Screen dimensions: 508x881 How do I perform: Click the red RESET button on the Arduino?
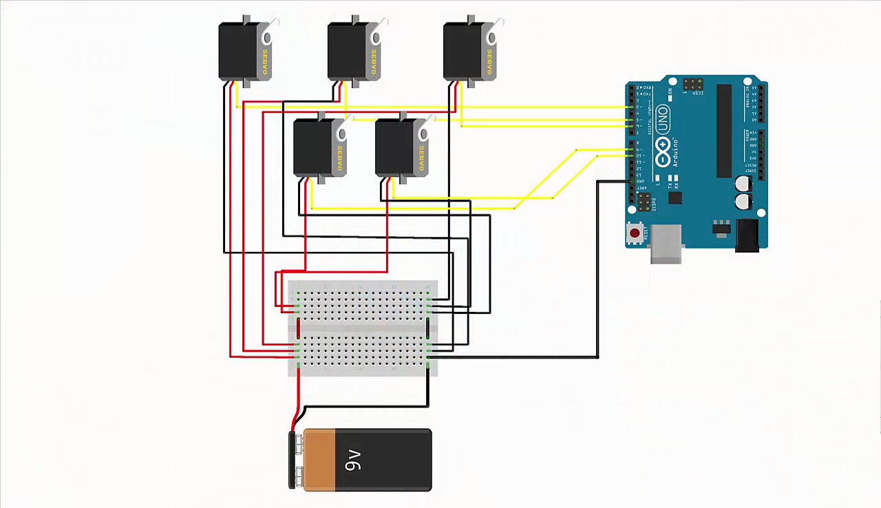click(x=635, y=233)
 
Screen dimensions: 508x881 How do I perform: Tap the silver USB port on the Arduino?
click(x=666, y=244)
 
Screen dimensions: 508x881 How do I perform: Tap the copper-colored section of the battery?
click(x=319, y=460)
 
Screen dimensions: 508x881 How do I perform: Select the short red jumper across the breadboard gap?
click(x=298, y=328)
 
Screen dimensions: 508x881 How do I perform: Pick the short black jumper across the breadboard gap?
click(x=428, y=328)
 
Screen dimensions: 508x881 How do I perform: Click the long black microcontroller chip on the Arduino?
click(x=723, y=131)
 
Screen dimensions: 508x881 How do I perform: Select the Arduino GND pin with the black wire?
click(x=631, y=181)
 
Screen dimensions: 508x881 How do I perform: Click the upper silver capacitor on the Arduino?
click(x=743, y=183)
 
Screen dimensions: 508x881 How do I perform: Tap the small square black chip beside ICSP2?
click(x=675, y=198)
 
